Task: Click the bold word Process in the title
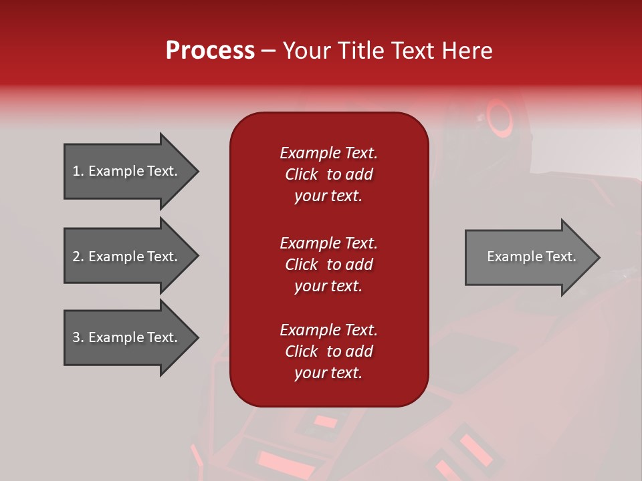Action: (210, 51)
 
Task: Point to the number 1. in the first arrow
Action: (78, 171)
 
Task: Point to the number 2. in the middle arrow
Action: (78, 257)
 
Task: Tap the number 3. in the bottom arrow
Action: (78, 337)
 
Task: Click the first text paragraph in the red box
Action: (328, 174)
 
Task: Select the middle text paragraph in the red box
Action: (328, 265)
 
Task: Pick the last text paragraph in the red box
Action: (328, 351)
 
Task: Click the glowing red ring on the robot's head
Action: (499, 116)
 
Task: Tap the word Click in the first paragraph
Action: (301, 174)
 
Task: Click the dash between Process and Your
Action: (268, 51)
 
